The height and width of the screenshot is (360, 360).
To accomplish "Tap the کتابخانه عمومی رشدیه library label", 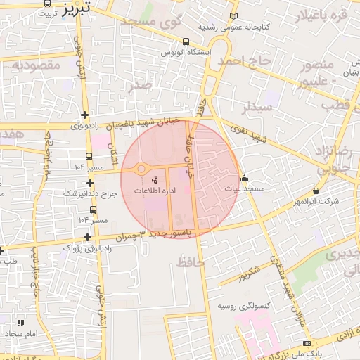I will point(234,27).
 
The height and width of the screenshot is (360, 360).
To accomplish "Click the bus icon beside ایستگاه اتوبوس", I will point(185,41).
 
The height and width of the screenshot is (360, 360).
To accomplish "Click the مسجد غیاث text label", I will point(244,188).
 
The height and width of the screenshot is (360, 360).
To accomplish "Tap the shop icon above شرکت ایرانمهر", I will point(316,191).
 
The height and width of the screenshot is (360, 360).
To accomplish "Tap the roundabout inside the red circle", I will point(141,169).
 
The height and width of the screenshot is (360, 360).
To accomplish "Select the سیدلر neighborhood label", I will point(257,108).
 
